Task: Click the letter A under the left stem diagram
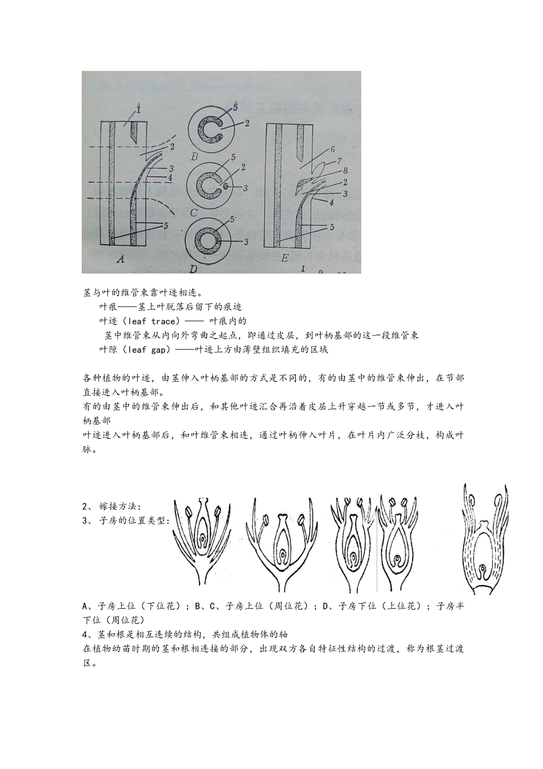pyautogui.click(x=120, y=259)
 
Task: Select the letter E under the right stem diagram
pyautogui.click(x=284, y=258)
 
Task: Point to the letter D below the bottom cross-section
pyautogui.click(x=193, y=267)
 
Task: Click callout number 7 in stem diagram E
pyautogui.click(x=344, y=171)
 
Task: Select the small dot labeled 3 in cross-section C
pyautogui.click(x=227, y=187)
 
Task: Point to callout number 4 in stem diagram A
pyautogui.click(x=170, y=177)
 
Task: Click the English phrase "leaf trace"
pyautogui.click(x=151, y=321)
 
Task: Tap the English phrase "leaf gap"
pyautogui.click(x=146, y=350)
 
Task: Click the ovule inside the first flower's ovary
pyautogui.click(x=205, y=540)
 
